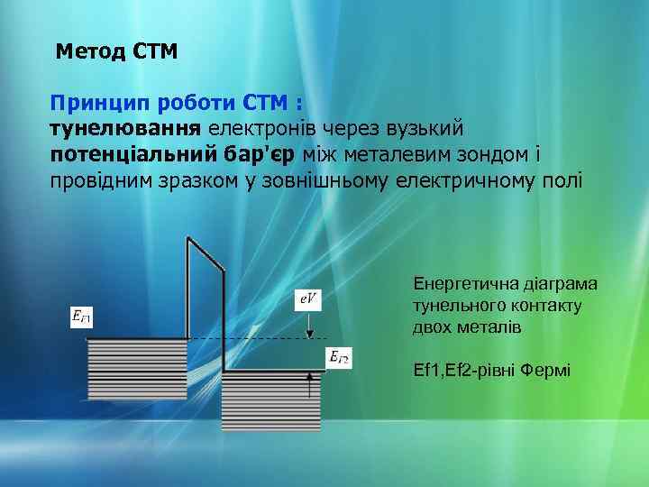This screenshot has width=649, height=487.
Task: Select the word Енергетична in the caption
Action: tap(465, 285)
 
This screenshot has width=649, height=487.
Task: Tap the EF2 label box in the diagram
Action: tap(339, 358)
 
